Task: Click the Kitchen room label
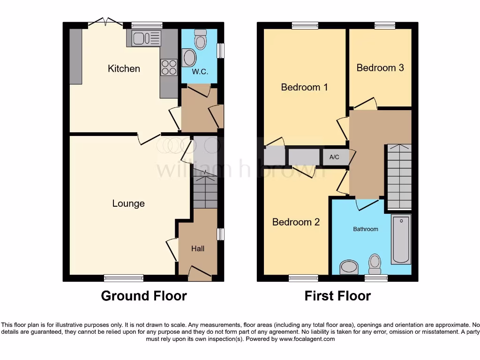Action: point(124,69)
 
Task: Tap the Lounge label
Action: point(128,203)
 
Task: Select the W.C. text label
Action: point(200,72)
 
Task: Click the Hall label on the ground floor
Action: point(197,248)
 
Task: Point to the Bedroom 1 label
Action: point(304,87)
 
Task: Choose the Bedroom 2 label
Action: point(296,222)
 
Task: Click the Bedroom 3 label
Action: point(380,68)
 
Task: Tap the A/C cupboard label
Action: point(334,157)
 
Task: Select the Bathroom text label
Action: point(365,229)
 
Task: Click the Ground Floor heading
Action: point(144,296)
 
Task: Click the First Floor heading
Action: point(337,296)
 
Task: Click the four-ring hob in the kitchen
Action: point(169,67)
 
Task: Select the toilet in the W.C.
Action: point(201,40)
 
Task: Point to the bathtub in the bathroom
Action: point(401,239)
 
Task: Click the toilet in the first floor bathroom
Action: point(375,263)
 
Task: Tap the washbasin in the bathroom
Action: point(349,267)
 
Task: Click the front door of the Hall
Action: point(200,274)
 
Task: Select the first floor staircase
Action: point(399,177)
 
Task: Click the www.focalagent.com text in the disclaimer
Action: point(307,339)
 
